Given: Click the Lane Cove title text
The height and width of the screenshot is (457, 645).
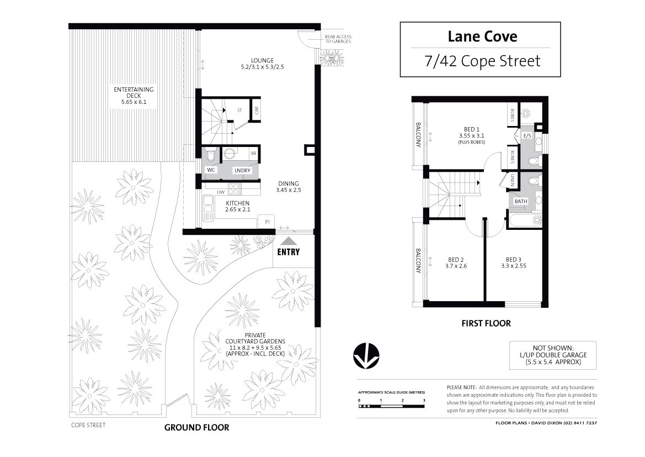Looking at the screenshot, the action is coord(483,36).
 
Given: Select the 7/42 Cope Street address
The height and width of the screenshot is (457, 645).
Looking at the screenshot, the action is coord(483,61).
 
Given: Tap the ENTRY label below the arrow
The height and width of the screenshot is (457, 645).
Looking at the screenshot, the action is coord(289,252).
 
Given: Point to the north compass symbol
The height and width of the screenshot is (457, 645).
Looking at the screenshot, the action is coord(366,356).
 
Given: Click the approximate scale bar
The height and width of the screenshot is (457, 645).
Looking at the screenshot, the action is coord(392,406).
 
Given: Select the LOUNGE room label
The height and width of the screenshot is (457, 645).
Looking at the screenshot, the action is coord(263,61).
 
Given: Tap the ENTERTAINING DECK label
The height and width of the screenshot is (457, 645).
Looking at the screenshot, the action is coord(134,92).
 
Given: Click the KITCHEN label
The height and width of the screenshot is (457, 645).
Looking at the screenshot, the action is coord(237,203).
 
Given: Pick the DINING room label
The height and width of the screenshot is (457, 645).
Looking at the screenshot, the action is coord(289,184).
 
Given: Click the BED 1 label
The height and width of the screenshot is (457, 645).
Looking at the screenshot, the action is coord(471,129).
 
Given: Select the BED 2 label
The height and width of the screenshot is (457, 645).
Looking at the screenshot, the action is coord(456,260).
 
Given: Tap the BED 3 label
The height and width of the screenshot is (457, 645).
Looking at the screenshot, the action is coord(513,260).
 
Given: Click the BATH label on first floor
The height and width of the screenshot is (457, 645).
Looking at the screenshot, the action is coord(521,202).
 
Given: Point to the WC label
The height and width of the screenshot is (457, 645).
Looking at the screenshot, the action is coord(211,170).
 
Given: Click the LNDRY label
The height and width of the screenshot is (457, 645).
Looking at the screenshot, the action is coord(242,170).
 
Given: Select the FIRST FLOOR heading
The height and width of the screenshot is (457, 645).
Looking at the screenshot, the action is coord(486,323).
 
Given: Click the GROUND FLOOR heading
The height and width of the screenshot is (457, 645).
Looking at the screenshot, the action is coord(196,428).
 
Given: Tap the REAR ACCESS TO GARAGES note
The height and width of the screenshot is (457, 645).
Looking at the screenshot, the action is coord(338,39).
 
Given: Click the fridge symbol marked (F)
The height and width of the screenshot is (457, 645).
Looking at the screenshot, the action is coord(267,221).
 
